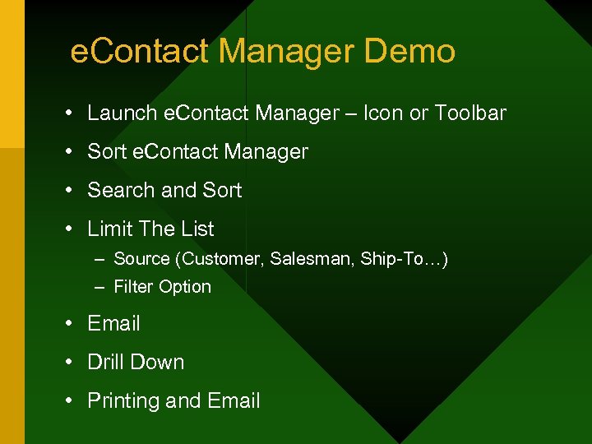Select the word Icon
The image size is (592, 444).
click(381, 113)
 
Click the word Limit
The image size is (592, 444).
click(109, 229)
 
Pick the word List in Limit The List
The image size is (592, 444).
click(197, 229)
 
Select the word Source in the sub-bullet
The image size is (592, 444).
click(141, 259)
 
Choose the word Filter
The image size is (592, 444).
click(132, 287)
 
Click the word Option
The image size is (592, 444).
click(186, 287)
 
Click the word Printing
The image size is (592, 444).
click(123, 401)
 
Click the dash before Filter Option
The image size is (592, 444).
click(99, 287)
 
